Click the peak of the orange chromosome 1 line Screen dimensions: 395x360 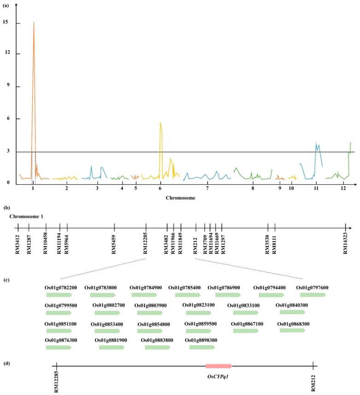[x=34, y=22]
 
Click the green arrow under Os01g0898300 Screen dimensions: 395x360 [x=202, y=347]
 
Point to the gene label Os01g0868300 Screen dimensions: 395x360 [x=293, y=324]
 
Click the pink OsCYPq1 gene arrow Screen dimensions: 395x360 [x=219, y=366]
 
